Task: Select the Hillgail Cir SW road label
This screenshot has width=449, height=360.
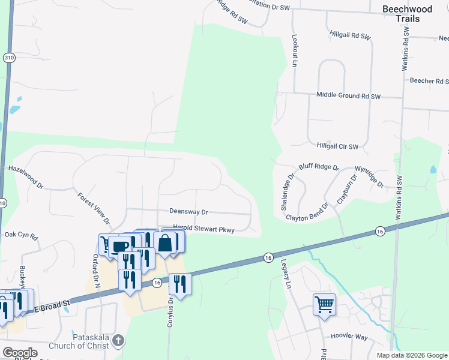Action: tap(337, 146)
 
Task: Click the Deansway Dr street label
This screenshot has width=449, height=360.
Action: tap(188, 212)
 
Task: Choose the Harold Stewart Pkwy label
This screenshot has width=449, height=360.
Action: tap(203, 229)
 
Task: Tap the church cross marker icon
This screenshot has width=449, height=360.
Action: tap(119, 341)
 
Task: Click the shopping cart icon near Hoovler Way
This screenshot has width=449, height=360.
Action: tap(324, 304)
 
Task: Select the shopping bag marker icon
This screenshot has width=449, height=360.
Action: tap(165, 243)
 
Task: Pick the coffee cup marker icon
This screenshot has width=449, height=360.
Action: tap(120, 247)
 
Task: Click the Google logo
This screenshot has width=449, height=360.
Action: tap(19, 353)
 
